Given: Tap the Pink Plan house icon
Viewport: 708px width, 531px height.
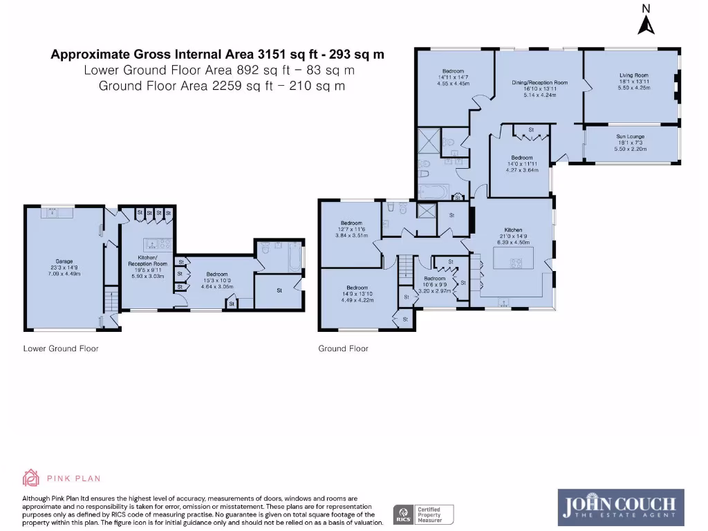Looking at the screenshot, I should click(31, 478).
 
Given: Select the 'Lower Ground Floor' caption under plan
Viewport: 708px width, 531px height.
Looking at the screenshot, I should click(61, 348).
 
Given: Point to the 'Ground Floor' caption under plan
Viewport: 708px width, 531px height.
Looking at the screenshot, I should click(343, 348).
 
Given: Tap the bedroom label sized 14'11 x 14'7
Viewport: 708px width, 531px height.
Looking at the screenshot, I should click(454, 77).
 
